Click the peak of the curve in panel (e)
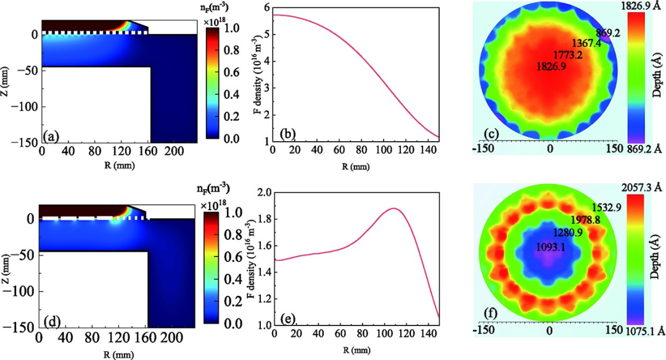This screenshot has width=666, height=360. (x=393, y=208)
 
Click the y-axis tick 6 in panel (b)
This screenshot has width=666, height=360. (x=266, y=7)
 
